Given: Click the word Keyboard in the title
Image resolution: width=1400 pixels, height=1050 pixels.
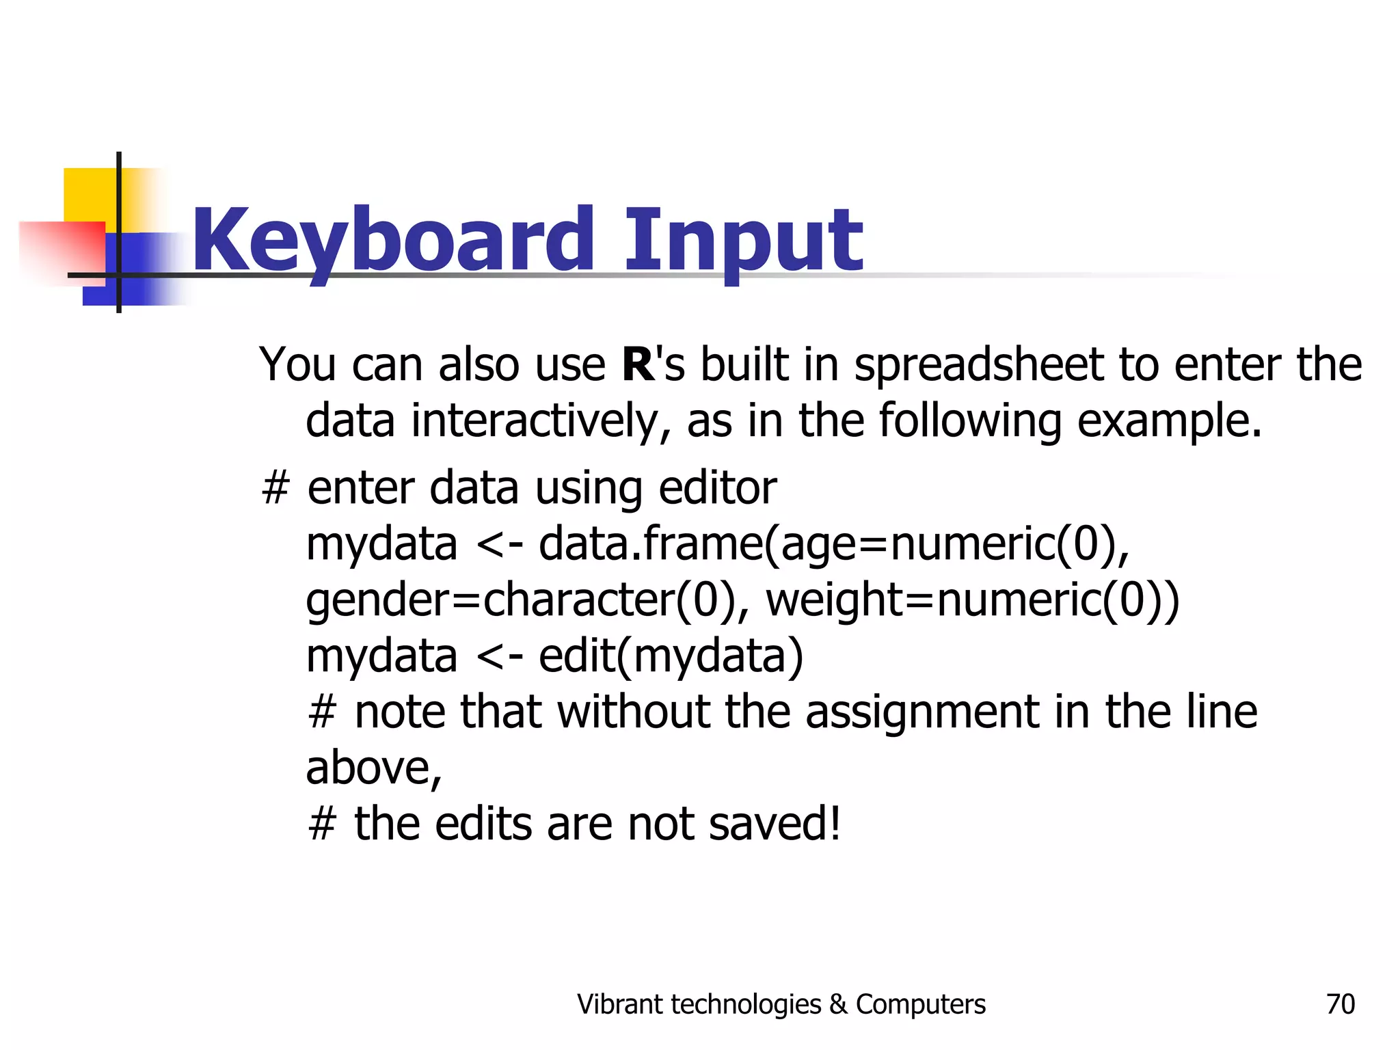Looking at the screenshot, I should (393, 241).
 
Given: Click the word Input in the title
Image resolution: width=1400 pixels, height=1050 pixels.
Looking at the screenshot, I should (743, 241).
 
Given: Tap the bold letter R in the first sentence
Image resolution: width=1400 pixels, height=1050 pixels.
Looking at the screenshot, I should (638, 364).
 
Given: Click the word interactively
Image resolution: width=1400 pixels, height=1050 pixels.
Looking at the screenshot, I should (541, 421).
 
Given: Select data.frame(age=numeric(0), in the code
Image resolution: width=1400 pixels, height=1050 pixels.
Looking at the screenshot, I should (834, 545).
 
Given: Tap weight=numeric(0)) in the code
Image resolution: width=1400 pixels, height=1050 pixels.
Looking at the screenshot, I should (972, 600).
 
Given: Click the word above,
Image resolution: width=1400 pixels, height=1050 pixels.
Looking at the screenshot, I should (374, 768).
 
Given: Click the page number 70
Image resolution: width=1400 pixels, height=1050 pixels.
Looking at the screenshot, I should (1340, 1004).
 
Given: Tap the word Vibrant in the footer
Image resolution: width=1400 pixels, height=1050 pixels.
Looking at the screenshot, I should (619, 1004).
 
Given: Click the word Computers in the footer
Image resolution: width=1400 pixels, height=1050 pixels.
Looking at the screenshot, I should (920, 1004).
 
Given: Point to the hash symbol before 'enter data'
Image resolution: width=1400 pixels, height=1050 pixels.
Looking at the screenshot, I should (275, 489).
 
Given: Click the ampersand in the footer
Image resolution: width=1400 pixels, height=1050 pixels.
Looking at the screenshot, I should (838, 1004).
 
